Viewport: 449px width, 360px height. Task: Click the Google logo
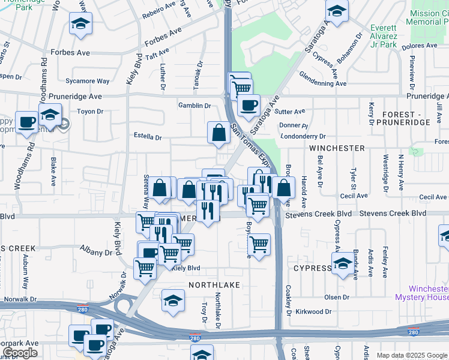(x=20, y=353)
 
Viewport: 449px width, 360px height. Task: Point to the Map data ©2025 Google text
(x=411, y=355)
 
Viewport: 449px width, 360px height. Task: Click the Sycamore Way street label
(x=88, y=81)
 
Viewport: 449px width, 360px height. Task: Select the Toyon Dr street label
(x=91, y=112)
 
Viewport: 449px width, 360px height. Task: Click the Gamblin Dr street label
(x=194, y=106)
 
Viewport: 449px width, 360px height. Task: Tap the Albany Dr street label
(x=96, y=253)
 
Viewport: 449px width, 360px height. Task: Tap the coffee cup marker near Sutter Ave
(x=248, y=106)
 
